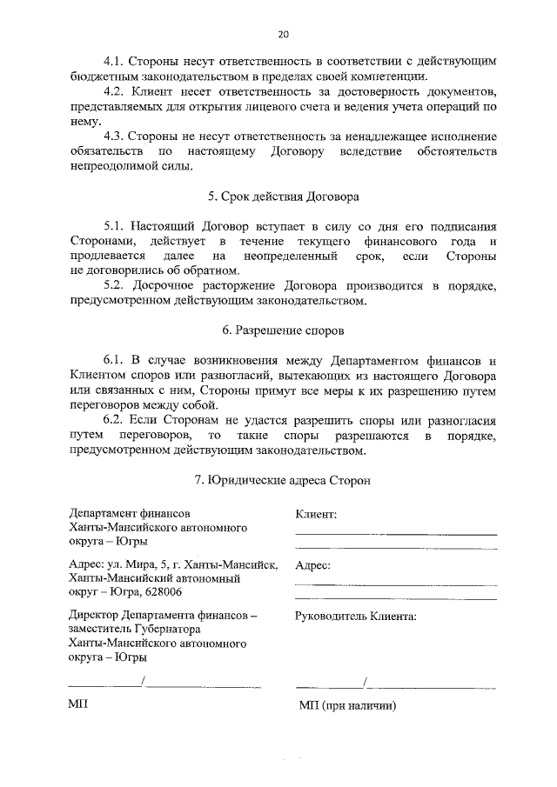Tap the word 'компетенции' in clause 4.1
[386, 77]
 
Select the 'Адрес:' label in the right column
[313, 564]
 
